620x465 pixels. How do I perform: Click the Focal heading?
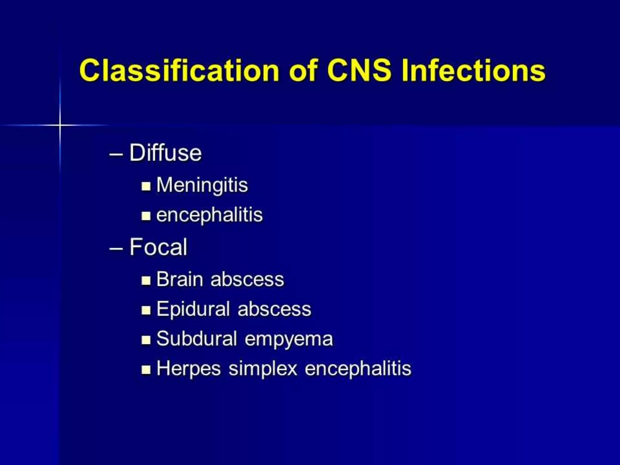click(158, 247)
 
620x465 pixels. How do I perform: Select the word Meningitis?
click(202, 185)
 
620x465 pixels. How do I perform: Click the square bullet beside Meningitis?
click(146, 186)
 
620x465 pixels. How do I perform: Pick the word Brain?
click(180, 279)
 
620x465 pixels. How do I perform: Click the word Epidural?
click(193, 309)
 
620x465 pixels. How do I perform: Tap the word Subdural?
click(196, 338)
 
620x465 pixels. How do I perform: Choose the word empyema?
click(289, 340)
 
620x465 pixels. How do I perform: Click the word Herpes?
click(189, 369)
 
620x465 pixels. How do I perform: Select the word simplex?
click(263, 369)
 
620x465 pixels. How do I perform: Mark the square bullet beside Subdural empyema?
click(146, 340)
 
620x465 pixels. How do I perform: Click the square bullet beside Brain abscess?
click(146, 280)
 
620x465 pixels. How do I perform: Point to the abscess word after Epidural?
click(274, 309)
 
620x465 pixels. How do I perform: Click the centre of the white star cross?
click(60, 125)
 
